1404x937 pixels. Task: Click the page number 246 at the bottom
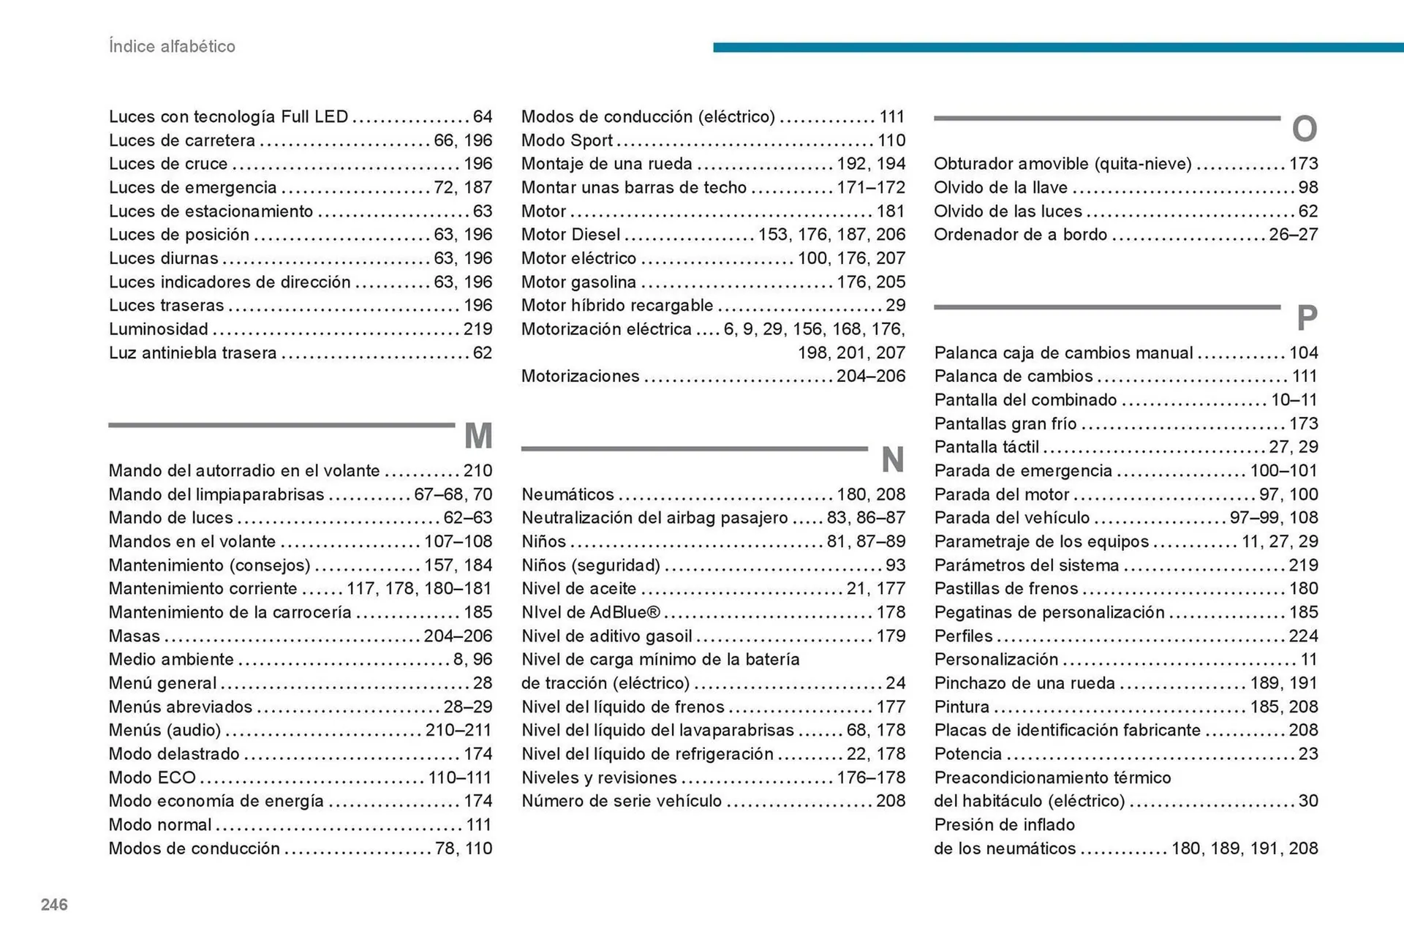[54, 905]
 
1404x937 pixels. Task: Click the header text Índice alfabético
[172, 47]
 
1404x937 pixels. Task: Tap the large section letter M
[478, 436]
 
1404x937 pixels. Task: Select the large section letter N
[892, 460]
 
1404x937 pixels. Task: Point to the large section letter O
[1305, 129]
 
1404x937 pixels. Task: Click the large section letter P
[1307, 318]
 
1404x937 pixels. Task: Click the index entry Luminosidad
[159, 329]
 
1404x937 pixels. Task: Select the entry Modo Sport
[567, 140]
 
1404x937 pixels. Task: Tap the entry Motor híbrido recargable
[616, 306]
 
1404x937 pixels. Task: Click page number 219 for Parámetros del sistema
[1303, 565]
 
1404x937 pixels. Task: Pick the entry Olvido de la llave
[1000, 188]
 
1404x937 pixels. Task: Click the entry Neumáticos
[567, 494]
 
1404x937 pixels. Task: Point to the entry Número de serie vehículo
[622, 801]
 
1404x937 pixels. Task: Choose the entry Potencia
[967, 754]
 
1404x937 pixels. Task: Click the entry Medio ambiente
[171, 660]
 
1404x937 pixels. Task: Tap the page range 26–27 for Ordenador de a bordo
[1293, 235]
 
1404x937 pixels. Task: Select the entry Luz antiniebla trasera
[192, 353]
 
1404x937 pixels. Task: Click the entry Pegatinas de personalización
[1049, 612]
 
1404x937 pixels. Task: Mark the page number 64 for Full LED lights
[483, 117]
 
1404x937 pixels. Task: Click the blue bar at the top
[1057, 48]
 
